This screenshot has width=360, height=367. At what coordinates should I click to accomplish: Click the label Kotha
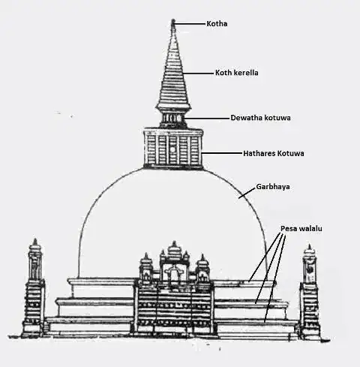point(217,24)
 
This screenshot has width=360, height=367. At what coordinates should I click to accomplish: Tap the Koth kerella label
point(237,73)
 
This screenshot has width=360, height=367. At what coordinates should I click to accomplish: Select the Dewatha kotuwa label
point(260,118)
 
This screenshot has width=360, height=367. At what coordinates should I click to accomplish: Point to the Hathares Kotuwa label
point(274,153)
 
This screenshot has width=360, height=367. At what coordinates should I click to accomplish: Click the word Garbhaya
point(273,187)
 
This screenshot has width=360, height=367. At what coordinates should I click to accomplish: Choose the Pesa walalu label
point(301,228)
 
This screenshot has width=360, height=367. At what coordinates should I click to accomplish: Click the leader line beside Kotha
point(190,24)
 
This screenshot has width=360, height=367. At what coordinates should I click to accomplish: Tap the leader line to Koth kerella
point(199,74)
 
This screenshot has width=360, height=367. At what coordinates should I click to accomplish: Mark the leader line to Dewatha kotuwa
point(208,118)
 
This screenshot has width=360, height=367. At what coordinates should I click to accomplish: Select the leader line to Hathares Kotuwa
point(223,153)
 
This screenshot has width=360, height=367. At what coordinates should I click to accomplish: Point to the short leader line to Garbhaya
point(247,193)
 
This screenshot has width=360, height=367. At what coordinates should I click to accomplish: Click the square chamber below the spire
point(173,148)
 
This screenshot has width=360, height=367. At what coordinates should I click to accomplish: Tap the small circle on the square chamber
point(172,149)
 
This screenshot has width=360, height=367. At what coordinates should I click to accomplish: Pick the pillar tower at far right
point(310,291)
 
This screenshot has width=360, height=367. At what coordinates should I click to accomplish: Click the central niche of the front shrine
point(173,275)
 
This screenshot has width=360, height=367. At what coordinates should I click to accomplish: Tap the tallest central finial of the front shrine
point(174,250)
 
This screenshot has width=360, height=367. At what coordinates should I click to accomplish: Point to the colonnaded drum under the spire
point(173,119)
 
